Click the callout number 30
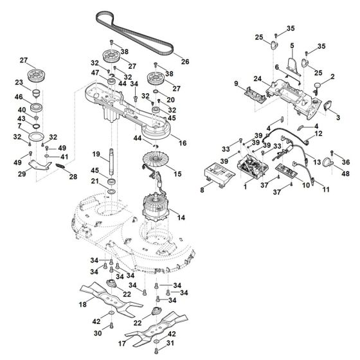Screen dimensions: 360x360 point(98,334)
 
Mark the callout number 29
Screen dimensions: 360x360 point(22,174)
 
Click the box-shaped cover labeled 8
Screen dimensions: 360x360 point(216,174)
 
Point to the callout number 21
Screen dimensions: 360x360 point(95,183)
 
